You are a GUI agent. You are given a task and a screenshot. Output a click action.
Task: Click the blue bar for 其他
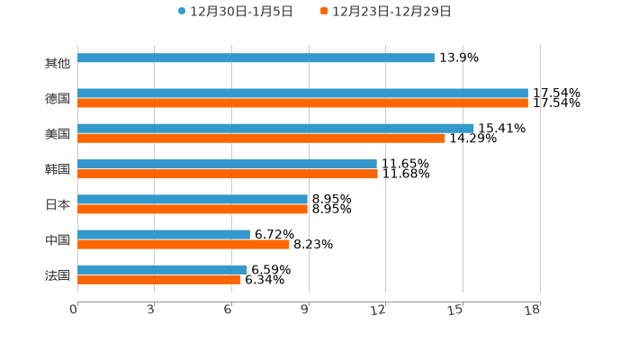(256, 58)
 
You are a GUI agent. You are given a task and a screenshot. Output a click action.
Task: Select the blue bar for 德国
(302, 94)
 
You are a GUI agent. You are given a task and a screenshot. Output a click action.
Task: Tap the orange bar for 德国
(302, 103)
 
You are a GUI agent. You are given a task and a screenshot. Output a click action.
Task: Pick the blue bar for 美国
(275, 129)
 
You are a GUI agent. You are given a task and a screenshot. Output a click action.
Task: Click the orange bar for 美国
(261, 139)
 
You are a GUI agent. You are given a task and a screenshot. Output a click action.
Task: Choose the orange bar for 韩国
(228, 174)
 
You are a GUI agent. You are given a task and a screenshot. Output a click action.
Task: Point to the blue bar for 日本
(193, 199)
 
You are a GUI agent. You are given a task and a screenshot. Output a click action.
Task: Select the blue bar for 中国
(164, 235)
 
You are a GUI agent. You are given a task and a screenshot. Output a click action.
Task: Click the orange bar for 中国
(184, 245)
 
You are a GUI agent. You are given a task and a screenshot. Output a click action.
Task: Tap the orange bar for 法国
(159, 280)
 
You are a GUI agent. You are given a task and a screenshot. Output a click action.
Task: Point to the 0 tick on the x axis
(75, 310)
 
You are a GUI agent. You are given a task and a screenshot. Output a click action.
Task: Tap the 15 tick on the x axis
(456, 310)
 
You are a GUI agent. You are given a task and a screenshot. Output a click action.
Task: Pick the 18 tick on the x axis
(534, 310)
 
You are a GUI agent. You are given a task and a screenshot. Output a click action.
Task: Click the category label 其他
(58, 64)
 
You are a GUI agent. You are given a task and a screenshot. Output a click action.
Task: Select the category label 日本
(58, 205)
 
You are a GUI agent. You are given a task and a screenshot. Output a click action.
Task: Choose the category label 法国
(58, 275)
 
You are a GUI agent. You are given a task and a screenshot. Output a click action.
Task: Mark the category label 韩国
(58, 170)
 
